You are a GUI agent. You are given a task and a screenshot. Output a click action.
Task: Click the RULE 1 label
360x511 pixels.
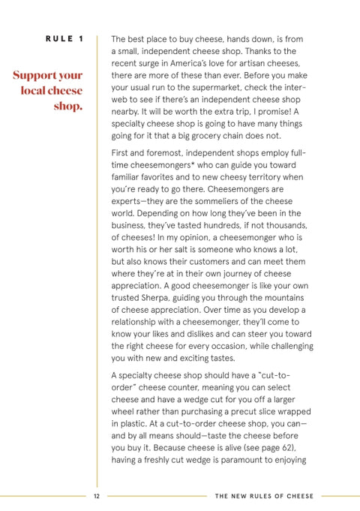click(x=64, y=38)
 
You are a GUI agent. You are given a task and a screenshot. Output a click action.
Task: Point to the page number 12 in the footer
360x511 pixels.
click(x=97, y=496)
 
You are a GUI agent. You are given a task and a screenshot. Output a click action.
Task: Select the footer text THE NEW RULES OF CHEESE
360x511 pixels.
click(x=264, y=496)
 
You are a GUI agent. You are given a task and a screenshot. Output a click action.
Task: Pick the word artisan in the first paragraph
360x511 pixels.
click(x=253, y=65)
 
